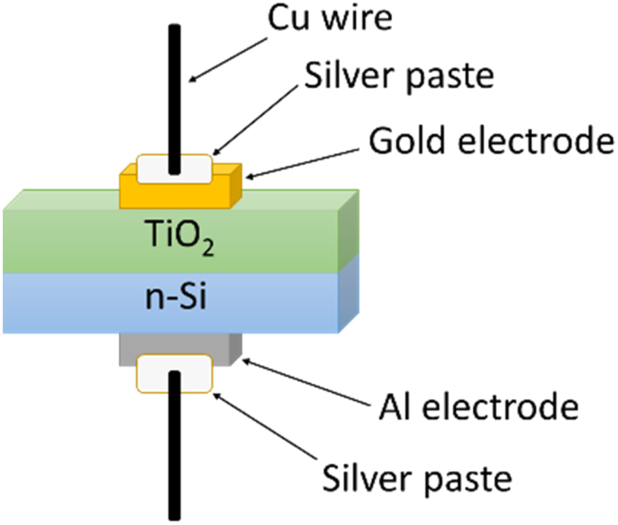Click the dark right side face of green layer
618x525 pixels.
tap(349, 232)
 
